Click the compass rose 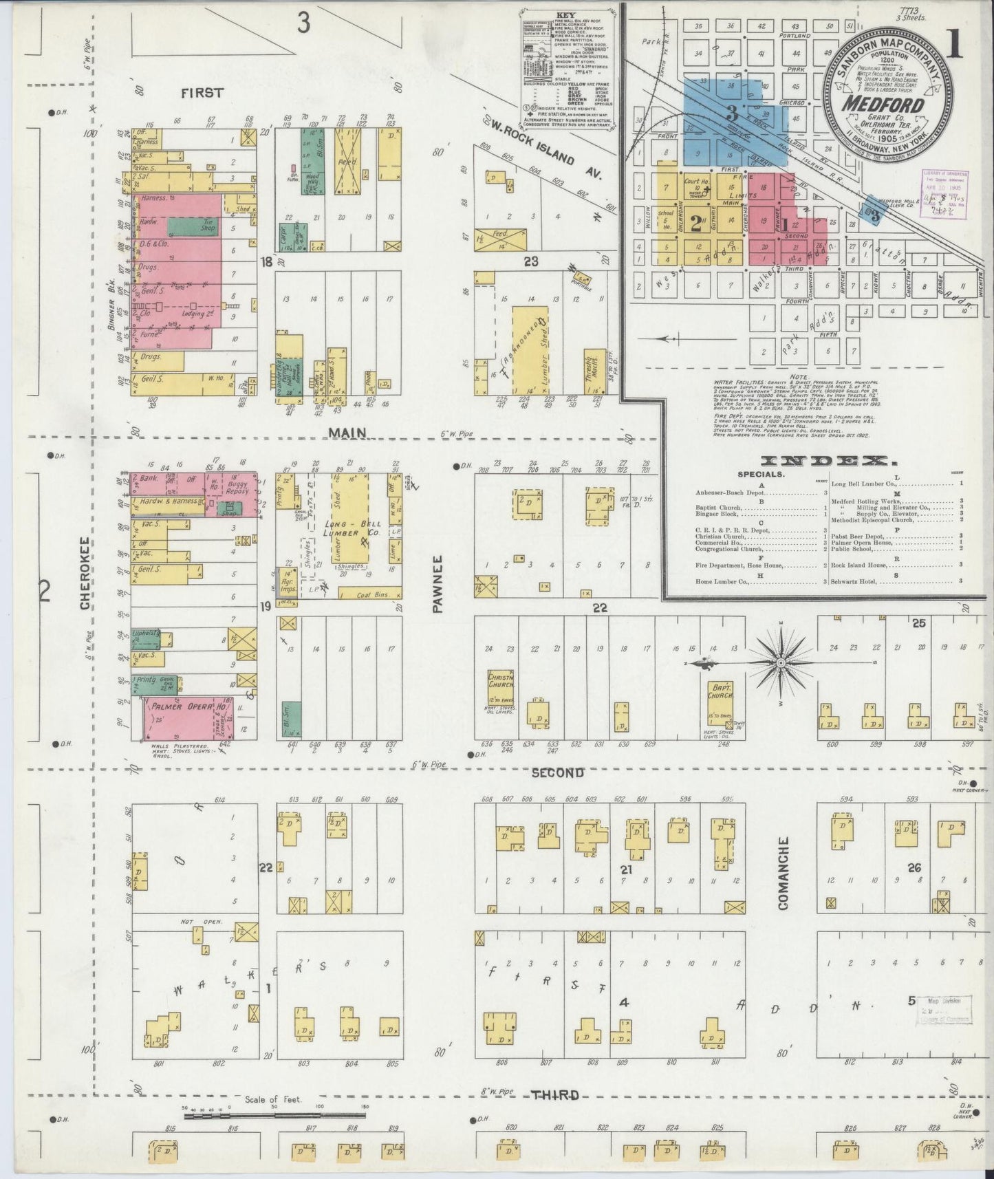781,662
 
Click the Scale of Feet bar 275,1116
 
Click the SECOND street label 557,773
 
